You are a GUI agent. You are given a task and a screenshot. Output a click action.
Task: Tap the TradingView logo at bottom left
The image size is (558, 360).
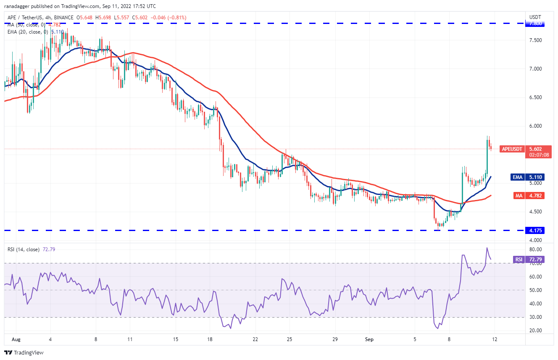point(24,352)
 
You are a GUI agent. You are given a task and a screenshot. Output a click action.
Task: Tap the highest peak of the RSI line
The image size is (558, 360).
point(487,248)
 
